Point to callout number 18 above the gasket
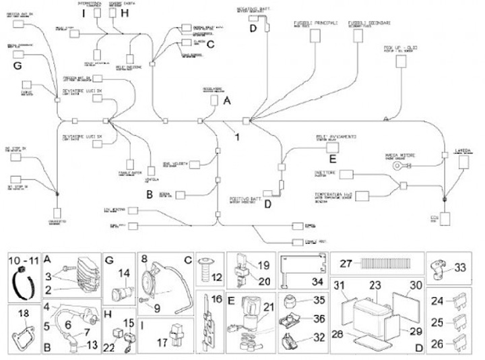(22, 313)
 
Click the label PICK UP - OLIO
(403, 48)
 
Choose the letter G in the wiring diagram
(18, 65)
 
